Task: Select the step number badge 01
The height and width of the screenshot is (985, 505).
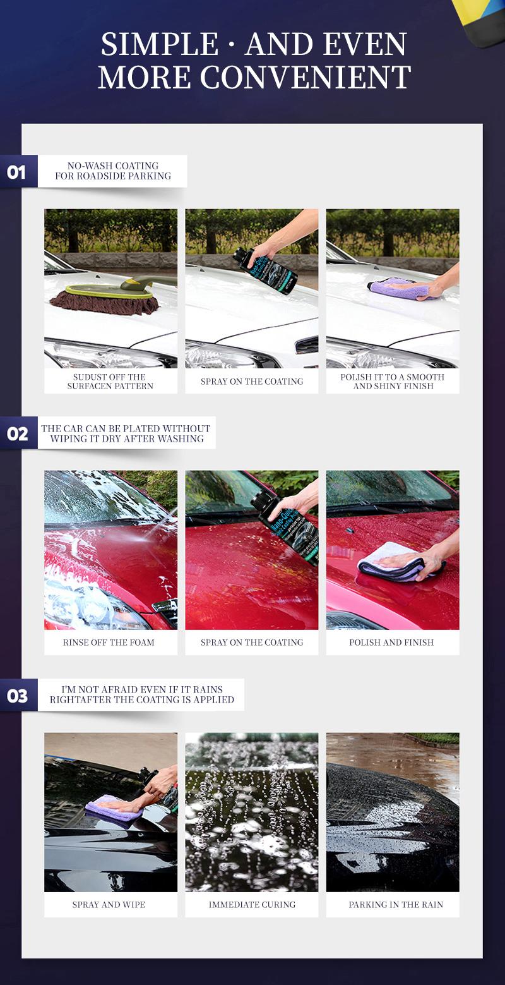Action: [x=17, y=172]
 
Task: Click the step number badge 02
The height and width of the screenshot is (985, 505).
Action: [x=17, y=433]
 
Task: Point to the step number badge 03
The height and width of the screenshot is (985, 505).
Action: [x=17, y=696]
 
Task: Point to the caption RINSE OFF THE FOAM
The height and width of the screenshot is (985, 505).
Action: [x=109, y=643]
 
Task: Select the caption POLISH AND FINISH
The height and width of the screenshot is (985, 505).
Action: [x=391, y=643]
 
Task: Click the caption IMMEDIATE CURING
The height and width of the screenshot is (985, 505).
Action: [x=252, y=905]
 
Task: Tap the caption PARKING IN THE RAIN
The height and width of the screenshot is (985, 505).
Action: [x=396, y=905]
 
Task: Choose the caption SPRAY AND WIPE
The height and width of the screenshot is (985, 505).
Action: [x=109, y=905]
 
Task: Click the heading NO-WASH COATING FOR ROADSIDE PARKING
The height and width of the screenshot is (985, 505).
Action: [x=112, y=171]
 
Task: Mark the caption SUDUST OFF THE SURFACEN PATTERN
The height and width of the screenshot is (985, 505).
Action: [x=110, y=382]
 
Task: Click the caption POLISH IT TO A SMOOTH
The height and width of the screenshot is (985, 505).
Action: [x=393, y=377]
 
